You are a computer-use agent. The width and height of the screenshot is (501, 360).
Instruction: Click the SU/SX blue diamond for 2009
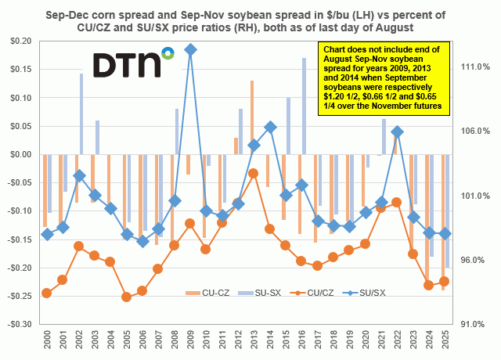[190, 49]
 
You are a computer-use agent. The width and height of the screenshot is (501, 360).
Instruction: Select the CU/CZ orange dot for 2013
[254, 172]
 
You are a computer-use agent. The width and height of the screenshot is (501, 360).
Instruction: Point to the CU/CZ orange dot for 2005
[126, 297]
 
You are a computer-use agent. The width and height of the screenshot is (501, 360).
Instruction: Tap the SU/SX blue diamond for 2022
[397, 131]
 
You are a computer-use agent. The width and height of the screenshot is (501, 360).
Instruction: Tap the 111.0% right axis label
[473, 68]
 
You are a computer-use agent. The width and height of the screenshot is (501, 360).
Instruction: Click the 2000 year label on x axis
[47, 341]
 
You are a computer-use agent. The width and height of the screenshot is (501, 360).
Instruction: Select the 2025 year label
[445, 341]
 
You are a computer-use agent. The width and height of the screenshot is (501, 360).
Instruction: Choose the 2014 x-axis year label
[270, 341]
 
